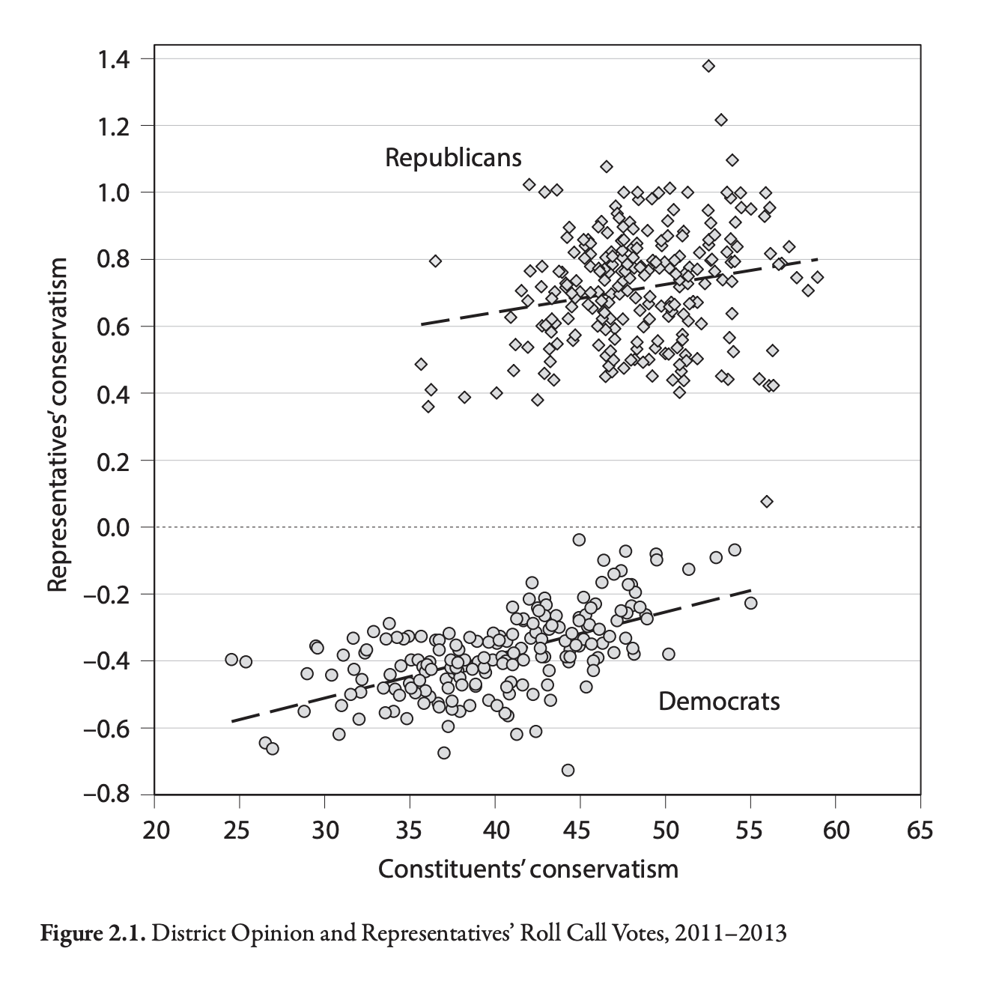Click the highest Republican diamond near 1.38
pyautogui.click(x=708, y=66)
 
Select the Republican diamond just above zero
pyautogui.click(x=766, y=501)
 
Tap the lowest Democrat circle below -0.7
pyautogui.click(x=568, y=770)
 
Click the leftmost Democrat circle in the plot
pyautogui.click(x=231, y=659)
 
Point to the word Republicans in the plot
pyautogui.click(x=453, y=158)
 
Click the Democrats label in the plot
pyautogui.click(x=719, y=702)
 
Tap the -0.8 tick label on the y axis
pyautogui.click(x=111, y=795)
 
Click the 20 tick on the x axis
pyautogui.click(x=154, y=830)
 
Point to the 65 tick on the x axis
pyautogui.click(x=920, y=830)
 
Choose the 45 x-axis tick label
pyautogui.click(x=580, y=830)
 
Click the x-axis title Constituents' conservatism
pyautogui.click(x=528, y=869)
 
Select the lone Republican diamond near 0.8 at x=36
pyautogui.click(x=435, y=261)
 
